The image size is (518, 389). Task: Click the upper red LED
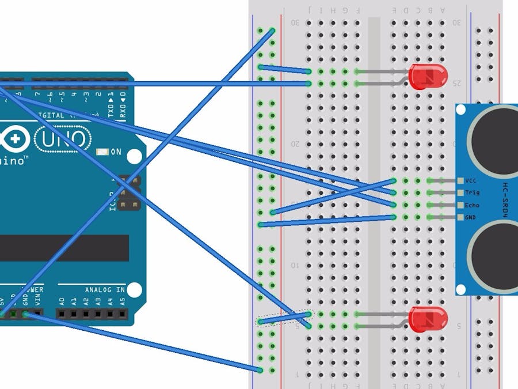(x=428, y=76)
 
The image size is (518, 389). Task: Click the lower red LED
(x=428, y=319)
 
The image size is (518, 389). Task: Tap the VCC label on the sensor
(x=471, y=180)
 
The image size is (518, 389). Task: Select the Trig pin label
(x=472, y=193)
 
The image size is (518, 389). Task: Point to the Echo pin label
(x=472, y=205)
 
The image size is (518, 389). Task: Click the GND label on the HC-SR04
(x=471, y=217)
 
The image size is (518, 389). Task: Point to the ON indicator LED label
(x=116, y=152)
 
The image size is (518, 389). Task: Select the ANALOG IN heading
(x=105, y=289)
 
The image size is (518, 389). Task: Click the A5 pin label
(x=122, y=300)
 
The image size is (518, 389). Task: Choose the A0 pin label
(x=62, y=300)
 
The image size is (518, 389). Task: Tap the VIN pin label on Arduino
(x=37, y=300)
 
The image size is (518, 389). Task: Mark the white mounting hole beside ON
(x=134, y=156)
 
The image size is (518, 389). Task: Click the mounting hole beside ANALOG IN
(x=134, y=289)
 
